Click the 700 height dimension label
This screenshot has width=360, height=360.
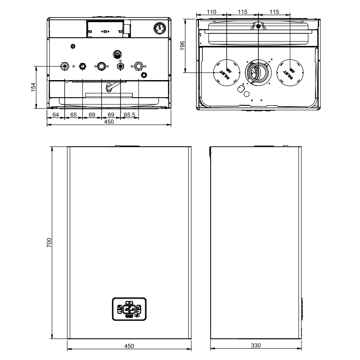[49, 243]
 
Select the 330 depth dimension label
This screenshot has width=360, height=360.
[256, 345]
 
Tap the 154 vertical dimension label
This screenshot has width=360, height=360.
[33, 87]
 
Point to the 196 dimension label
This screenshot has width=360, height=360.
[182, 46]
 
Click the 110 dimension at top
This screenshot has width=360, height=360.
[211, 12]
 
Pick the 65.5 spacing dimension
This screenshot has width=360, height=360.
[129, 115]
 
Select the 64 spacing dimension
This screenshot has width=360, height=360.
[55, 115]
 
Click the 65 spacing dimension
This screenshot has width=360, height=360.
[73, 115]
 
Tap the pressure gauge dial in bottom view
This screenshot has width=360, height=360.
[160, 28]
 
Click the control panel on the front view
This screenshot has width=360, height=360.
[129, 309]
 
